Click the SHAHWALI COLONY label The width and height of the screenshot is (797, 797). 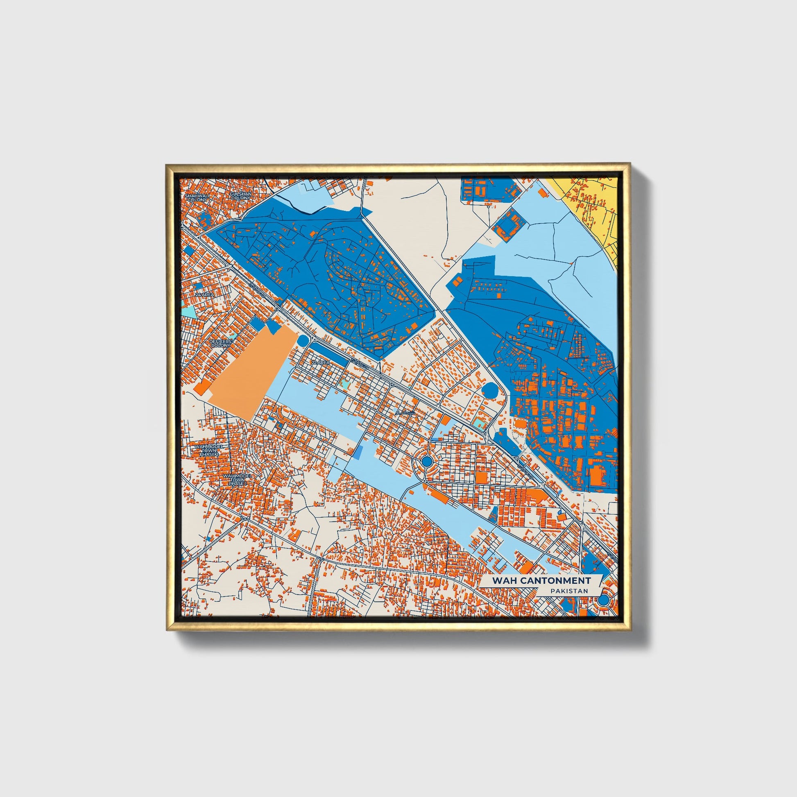[x=197, y=197]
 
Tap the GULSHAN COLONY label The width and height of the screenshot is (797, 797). [x=240, y=196]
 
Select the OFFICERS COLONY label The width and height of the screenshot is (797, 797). [x=220, y=343]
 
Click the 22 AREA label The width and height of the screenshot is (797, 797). [x=320, y=362]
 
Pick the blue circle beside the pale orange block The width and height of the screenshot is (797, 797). [x=303, y=341]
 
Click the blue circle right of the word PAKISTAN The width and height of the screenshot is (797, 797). [x=604, y=600]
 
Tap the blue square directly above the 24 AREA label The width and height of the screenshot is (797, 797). [x=198, y=285]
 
